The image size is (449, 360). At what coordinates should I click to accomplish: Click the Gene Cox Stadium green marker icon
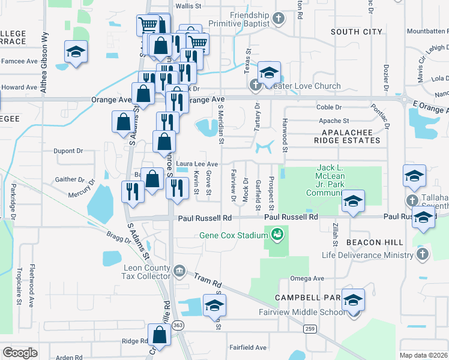(277, 234)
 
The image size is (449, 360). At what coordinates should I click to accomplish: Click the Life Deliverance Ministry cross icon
(422, 255)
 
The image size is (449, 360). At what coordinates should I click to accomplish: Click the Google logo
(20, 353)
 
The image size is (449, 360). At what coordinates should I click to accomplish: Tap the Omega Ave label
(307, 278)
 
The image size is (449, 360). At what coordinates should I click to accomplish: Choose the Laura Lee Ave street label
(197, 164)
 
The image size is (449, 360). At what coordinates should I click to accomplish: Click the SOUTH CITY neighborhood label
(356, 32)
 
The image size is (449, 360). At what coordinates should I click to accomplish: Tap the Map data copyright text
(423, 355)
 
